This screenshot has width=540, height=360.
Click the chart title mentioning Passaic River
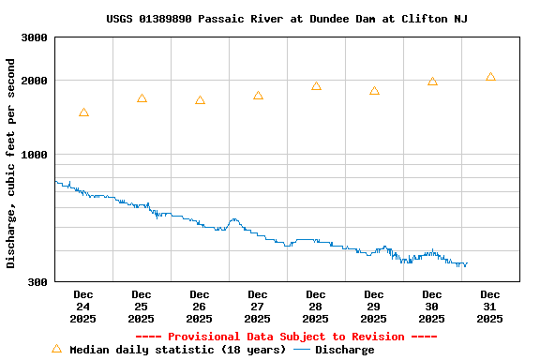pyautogui.click(x=287, y=19)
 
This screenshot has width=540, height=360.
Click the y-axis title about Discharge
pyautogui.click(x=11, y=163)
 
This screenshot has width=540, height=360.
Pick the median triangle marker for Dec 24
pyautogui.click(x=83, y=112)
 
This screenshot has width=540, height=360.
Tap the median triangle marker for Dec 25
pyautogui.click(x=142, y=98)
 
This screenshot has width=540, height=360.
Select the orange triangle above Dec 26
pyautogui.click(x=200, y=100)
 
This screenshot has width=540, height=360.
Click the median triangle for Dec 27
pyautogui.click(x=258, y=96)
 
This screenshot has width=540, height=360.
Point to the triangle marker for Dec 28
pyautogui.click(x=316, y=86)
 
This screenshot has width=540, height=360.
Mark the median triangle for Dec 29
pyautogui.click(x=374, y=91)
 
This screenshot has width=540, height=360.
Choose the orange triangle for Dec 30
pyautogui.click(x=432, y=82)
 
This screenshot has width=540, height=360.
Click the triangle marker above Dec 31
pyautogui.click(x=490, y=77)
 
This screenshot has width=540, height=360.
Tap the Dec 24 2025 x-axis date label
pyautogui.click(x=83, y=307)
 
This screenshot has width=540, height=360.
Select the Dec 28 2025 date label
pyautogui.click(x=316, y=307)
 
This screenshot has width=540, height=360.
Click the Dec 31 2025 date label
pyautogui.click(x=490, y=307)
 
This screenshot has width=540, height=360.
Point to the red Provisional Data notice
pyautogui.click(x=286, y=337)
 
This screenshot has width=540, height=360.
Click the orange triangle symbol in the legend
pyautogui.click(x=56, y=349)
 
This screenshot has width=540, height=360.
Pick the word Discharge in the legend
pyautogui.click(x=344, y=350)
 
